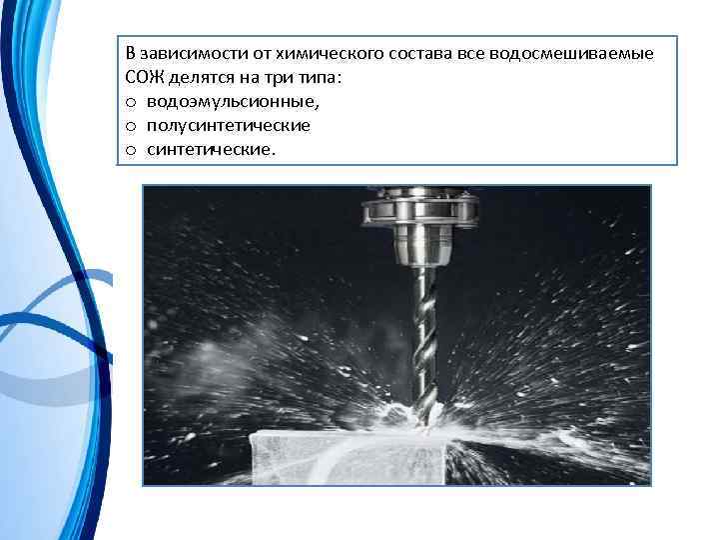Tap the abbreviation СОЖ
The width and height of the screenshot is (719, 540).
coord(144,77)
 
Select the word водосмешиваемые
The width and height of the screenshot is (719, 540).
coord(571,53)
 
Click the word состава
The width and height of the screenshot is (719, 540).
coord(420,53)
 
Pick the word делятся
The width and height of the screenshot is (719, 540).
coord(200,78)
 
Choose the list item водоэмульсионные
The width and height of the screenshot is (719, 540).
coord(233,101)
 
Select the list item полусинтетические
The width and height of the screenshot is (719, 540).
coord(229,126)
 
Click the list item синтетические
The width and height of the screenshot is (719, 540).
coord(211,150)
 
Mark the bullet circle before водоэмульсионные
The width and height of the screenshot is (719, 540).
coord(131,102)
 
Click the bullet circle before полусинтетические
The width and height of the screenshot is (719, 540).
coord(131,126)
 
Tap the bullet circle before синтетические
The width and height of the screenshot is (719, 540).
coord(131,150)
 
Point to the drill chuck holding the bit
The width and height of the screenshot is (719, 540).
coord(422,246)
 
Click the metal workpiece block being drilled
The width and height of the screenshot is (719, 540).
coord(349,458)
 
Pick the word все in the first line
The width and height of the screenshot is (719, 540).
coord(471,54)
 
